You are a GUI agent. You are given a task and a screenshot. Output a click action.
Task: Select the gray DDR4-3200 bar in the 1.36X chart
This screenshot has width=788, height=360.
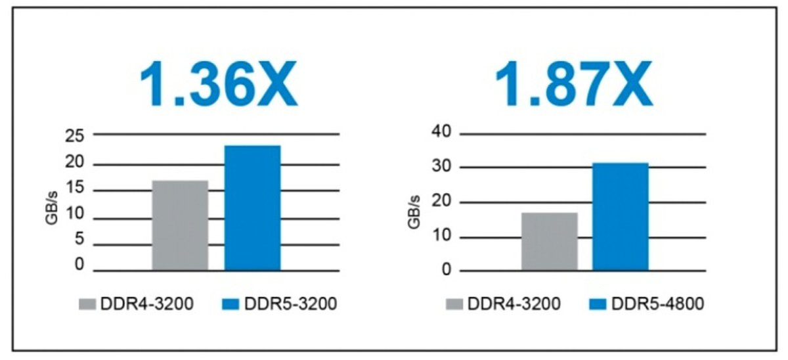coord(180,225)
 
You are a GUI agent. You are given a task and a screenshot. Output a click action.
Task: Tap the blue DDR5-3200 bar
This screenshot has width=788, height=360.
coord(253,208)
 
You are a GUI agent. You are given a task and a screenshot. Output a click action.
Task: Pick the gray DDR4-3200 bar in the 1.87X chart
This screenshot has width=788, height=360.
coord(549,241)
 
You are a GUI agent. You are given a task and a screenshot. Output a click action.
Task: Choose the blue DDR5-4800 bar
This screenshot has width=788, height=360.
coord(621,216)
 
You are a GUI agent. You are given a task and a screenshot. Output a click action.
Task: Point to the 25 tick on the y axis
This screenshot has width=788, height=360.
coord(76,137)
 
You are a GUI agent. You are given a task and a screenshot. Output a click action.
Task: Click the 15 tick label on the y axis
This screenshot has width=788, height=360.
coord(76,189)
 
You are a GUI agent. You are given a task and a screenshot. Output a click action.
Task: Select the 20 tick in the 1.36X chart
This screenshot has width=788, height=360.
coord(76,163)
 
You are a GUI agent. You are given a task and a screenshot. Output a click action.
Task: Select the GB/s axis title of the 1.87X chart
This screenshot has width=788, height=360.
coord(414,212)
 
